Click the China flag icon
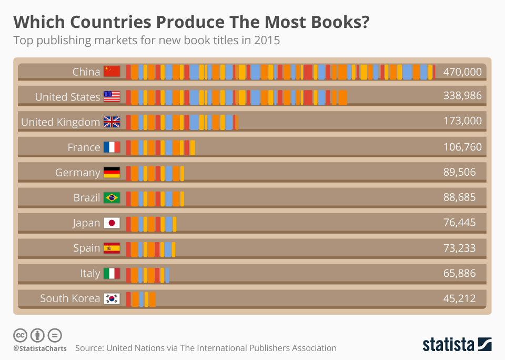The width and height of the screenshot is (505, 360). click(112, 72)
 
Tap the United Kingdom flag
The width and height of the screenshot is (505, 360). click(112, 122)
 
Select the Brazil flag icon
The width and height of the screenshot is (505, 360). click(112, 198)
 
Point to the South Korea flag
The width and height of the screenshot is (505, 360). click(112, 298)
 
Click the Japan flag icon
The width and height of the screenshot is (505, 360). click(112, 223)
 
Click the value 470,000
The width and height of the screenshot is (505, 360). click(462, 72)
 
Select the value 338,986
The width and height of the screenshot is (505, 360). click(462, 96)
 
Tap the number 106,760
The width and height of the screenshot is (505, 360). click(462, 147)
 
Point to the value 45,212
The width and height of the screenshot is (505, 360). click(459, 298)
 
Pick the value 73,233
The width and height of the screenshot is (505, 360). click(459, 248)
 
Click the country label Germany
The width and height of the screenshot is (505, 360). click(77, 173)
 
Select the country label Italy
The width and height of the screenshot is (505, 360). click(90, 273)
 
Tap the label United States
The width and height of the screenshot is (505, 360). click(67, 97)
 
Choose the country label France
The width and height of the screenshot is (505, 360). click(84, 147)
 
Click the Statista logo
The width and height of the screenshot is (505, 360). click(457, 344)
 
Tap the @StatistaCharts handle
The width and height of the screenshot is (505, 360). click(40, 348)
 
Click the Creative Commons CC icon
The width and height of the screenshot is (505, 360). click(21, 335)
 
